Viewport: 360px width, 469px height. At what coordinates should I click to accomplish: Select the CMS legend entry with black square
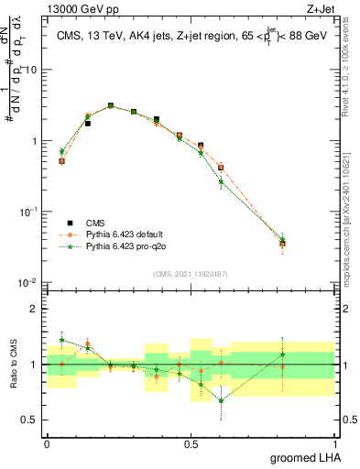(69, 223)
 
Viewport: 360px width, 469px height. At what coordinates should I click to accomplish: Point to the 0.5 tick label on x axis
(191, 442)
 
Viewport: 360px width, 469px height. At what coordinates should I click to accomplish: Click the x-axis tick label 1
(335, 442)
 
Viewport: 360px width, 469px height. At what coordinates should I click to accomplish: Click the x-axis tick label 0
(47, 442)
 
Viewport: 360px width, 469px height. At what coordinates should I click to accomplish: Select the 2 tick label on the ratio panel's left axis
(35, 309)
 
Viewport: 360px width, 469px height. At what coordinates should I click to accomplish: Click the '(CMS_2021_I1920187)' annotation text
(191, 272)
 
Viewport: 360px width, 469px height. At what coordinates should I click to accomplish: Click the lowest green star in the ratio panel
(221, 400)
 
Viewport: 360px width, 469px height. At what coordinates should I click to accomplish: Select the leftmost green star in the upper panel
(61, 151)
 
